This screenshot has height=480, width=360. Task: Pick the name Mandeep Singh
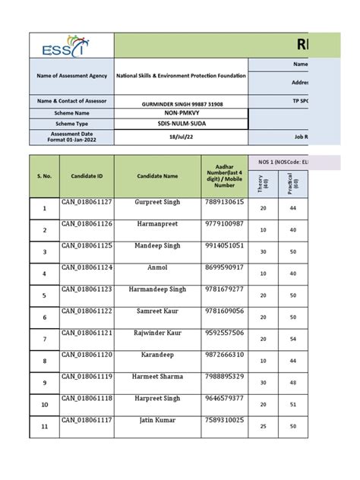pos(159,246)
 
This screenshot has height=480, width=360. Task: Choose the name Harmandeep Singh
pos(159,289)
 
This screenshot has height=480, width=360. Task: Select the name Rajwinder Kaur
pos(159,333)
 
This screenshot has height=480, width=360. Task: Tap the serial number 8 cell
pos(44,361)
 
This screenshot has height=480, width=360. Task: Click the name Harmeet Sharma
pos(159,376)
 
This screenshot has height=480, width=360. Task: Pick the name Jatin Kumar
pos(159,420)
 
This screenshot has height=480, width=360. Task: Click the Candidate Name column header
pos(159,175)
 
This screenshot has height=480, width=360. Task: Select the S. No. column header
pos(44,175)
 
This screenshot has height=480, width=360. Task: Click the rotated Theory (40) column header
pos(264,182)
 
